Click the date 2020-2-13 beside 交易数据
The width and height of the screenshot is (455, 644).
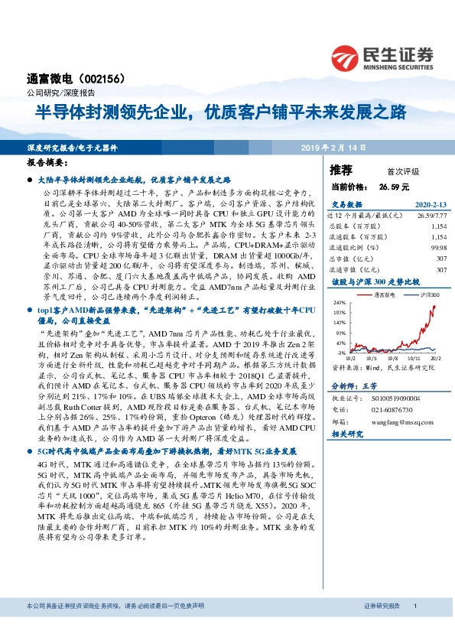[x=428, y=205]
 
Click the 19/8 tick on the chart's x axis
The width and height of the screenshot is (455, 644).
[x=390, y=357]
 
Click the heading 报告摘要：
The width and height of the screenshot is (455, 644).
[x=47, y=163]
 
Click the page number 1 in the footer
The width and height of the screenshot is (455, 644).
[x=414, y=627]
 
